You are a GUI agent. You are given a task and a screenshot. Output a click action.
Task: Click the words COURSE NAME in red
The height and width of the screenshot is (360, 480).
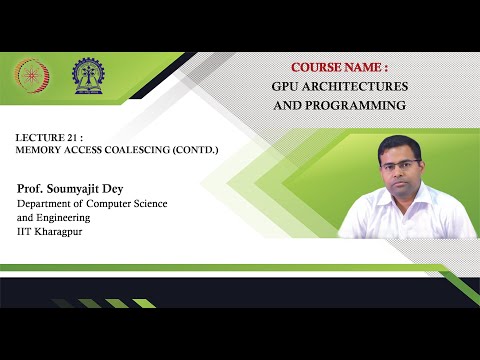[339, 67]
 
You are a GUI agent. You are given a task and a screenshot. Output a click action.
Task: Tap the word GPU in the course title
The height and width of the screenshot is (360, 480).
[288, 86]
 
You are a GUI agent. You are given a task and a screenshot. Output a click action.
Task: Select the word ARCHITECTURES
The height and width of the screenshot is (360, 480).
[356, 86]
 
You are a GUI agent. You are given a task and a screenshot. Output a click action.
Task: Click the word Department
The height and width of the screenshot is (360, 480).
[48, 204]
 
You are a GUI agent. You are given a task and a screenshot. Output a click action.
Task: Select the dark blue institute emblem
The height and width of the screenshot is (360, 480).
[86, 75]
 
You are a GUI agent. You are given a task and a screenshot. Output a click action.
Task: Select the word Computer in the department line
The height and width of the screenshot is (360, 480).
[120, 204]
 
